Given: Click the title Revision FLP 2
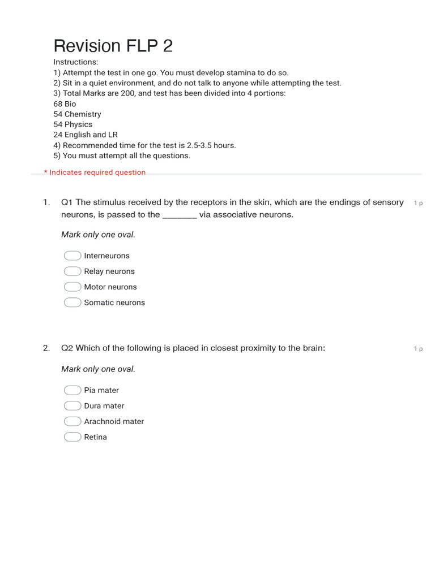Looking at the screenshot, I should pos(113,46).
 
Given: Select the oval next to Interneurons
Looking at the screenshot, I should pos(72,256).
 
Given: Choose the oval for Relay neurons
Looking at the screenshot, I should pos(72,271).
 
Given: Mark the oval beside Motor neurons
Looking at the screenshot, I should pos(72,287).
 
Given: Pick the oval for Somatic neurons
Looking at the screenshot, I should pos(72,303).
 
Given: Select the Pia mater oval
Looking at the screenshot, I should pos(72,390).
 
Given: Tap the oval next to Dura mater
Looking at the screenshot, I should pos(72,405).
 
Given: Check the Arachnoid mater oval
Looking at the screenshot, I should pos(72,421).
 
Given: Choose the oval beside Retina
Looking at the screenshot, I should pos(72,437).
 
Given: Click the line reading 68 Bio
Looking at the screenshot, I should pos(65,104).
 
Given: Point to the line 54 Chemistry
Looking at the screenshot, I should pos(77,114).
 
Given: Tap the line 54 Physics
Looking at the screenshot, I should pos(72,124).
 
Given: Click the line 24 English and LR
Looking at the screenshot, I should pos(86,135).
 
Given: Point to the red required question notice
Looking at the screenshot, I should pos(95,172).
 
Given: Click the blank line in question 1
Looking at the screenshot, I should pos(180,215).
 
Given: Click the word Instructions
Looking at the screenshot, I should pos(75,62).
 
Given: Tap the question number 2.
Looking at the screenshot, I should pos(46,348).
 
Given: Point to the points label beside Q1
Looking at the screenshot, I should pos(418,203).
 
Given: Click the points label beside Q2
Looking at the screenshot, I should pos(418,349).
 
